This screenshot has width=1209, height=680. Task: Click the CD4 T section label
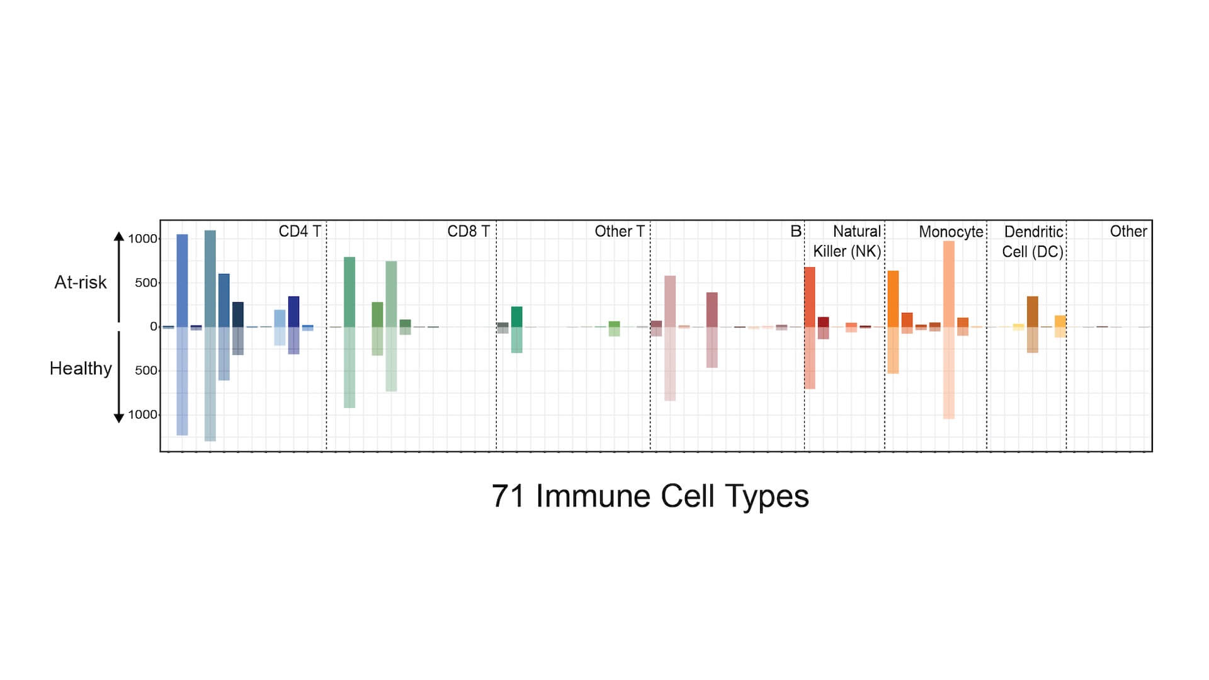click(x=300, y=232)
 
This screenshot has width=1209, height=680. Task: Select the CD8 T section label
click(x=468, y=232)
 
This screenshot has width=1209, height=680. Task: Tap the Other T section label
click(x=619, y=232)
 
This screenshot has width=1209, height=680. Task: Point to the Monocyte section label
click(x=950, y=232)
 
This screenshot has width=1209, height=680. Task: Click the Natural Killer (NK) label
click(x=847, y=241)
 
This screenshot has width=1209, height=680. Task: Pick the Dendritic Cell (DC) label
click(x=1033, y=242)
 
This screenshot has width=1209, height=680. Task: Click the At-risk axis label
click(x=81, y=282)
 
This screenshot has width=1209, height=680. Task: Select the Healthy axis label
click(x=81, y=368)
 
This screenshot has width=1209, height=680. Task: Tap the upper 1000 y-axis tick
click(x=142, y=239)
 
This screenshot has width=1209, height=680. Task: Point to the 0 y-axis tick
click(x=153, y=326)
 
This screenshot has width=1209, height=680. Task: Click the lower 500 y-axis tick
click(x=145, y=370)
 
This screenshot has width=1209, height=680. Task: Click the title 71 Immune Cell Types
click(x=650, y=496)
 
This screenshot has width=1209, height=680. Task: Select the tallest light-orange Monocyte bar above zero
click(x=948, y=283)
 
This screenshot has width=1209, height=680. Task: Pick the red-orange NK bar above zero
click(x=809, y=297)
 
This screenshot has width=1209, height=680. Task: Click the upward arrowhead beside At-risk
click(x=118, y=237)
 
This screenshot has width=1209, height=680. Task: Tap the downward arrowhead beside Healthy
click(x=118, y=418)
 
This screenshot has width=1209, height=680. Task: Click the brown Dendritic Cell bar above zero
click(x=1032, y=312)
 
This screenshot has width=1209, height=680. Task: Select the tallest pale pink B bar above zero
click(x=670, y=301)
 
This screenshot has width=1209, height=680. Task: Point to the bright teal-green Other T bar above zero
click(x=516, y=317)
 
